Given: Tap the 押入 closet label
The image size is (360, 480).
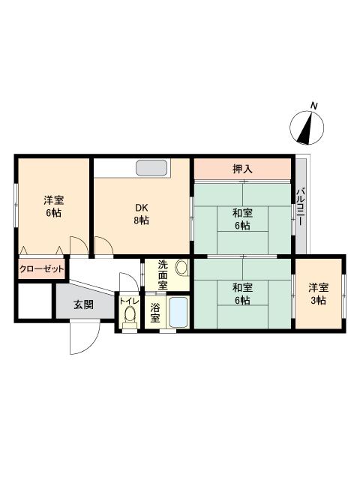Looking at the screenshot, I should click(x=242, y=169).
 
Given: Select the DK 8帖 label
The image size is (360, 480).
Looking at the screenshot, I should click(x=141, y=214).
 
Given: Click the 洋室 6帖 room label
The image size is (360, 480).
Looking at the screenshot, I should click(x=52, y=206).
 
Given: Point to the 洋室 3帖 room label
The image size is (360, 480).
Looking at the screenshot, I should click(x=318, y=293).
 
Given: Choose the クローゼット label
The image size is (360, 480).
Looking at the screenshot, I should click(x=41, y=268).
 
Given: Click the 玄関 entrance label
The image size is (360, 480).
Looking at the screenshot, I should click(x=83, y=304).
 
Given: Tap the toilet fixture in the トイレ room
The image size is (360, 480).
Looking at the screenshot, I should click(x=129, y=316).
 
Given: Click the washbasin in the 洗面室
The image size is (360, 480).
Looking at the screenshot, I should click(x=180, y=268).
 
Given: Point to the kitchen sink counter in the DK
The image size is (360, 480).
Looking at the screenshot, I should click(x=152, y=168).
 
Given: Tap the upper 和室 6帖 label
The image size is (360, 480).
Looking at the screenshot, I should click(x=241, y=219).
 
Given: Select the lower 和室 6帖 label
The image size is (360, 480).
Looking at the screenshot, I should click(x=241, y=293).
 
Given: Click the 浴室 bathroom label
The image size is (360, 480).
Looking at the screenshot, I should click(x=155, y=312).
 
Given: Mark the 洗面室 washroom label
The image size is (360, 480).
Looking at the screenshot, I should click(x=163, y=274).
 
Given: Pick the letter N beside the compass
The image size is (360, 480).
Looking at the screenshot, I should click(x=315, y=105).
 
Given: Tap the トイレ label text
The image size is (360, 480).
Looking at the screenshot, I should click(x=128, y=301).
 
